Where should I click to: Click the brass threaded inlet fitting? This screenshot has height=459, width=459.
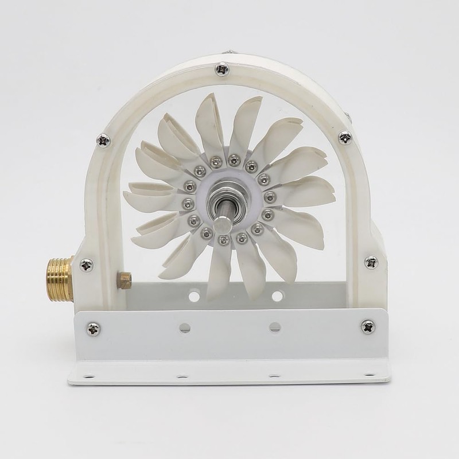click(x=60, y=279)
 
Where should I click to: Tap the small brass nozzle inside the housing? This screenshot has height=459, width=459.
click(x=124, y=280)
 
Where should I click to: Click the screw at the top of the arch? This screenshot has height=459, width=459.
click(x=222, y=69)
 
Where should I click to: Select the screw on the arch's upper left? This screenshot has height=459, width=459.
click(x=103, y=139)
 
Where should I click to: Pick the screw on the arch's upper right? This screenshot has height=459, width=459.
click(x=345, y=137)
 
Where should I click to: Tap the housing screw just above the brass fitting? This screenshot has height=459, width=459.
click(x=87, y=264)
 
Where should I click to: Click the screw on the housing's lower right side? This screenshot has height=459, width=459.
click(x=371, y=262)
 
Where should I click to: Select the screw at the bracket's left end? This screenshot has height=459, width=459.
click(x=93, y=329)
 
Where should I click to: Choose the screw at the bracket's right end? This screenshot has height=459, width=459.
click(x=368, y=326)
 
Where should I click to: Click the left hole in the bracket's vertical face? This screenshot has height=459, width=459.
click(x=185, y=328)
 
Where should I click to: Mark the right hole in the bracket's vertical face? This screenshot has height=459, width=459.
click(x=275, y=327)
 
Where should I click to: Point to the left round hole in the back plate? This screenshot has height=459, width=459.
click(x=195, y=296)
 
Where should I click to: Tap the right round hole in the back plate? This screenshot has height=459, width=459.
click(x=277, y=296)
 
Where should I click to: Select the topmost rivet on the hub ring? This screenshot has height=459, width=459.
click(x=234, y=160)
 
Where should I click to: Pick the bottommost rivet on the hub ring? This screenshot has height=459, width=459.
click(x=223, y=239)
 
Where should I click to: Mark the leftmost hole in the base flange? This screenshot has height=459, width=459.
click(x=90, y=377)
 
